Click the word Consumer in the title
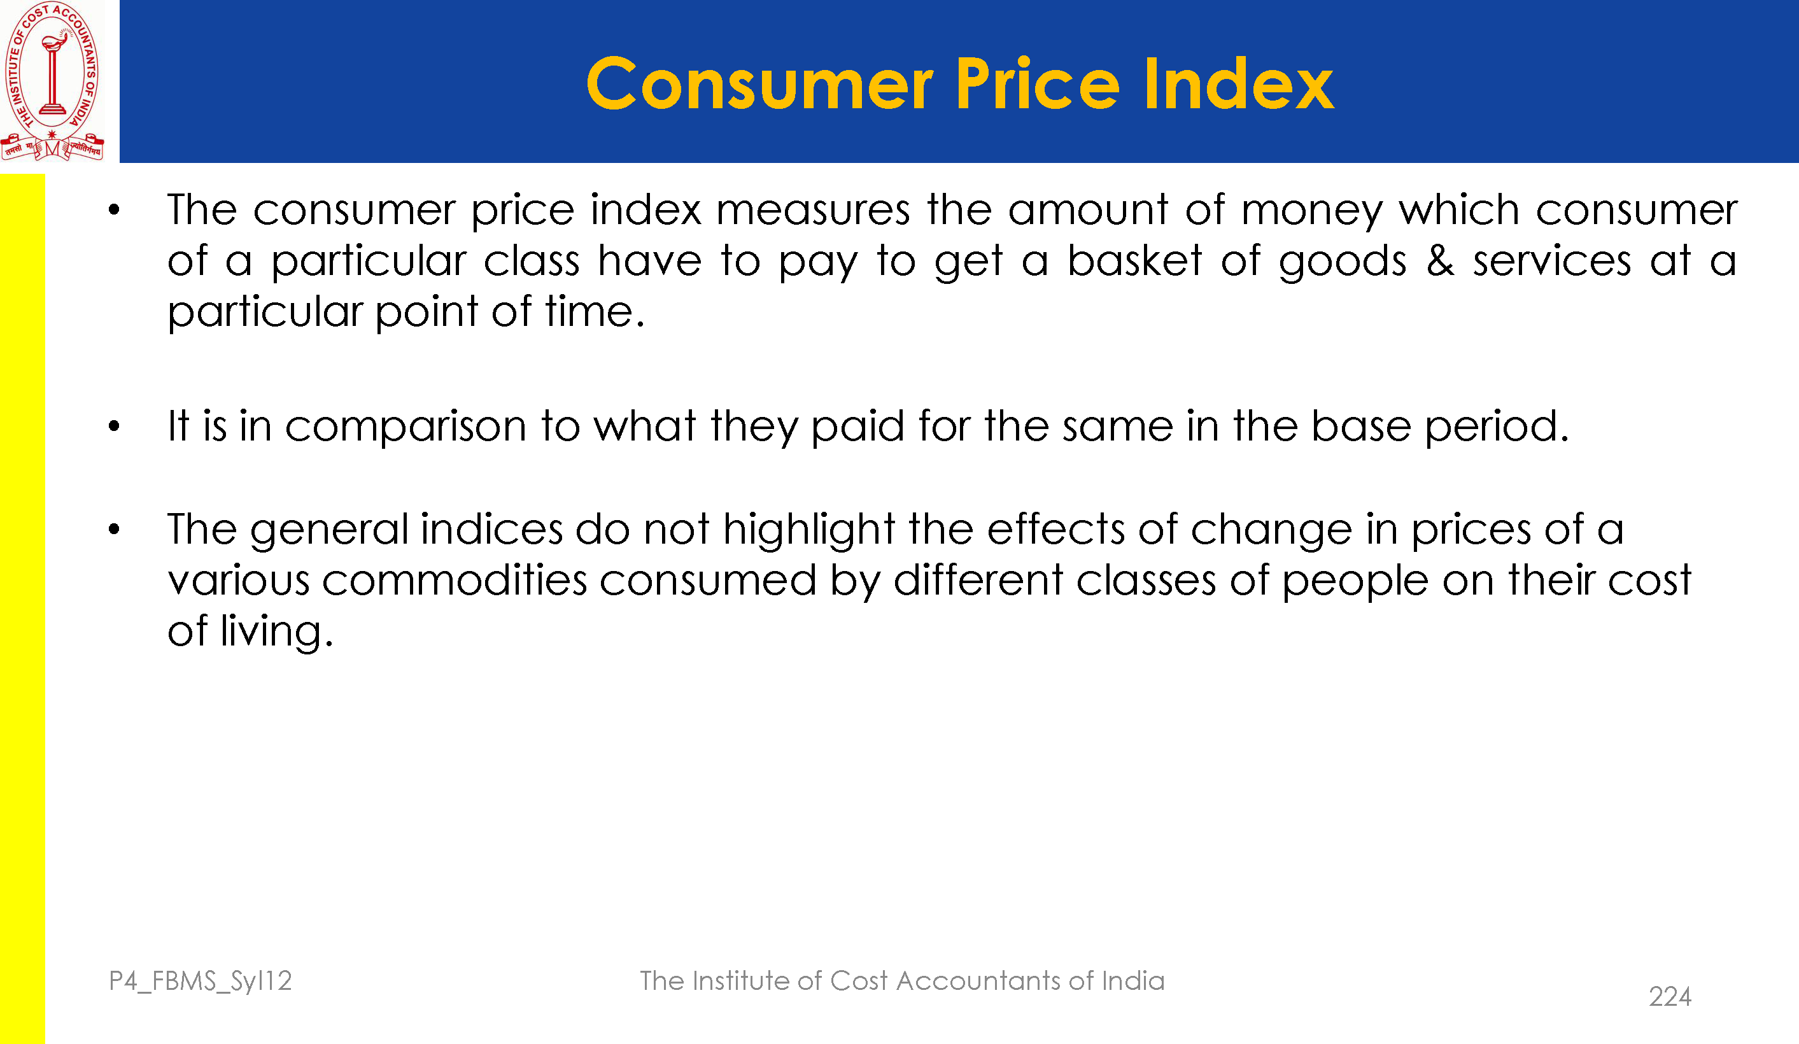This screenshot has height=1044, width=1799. (759, 84)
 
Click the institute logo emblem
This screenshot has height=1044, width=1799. (52, 81)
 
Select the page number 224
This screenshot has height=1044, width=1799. (1670, 997)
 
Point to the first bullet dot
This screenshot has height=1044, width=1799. (114, 210)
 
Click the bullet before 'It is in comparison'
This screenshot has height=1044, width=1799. (114, 427)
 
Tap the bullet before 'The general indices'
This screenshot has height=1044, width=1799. (114, 529)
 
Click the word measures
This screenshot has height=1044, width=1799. (813, 211)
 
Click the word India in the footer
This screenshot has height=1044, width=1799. (1133, 981)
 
